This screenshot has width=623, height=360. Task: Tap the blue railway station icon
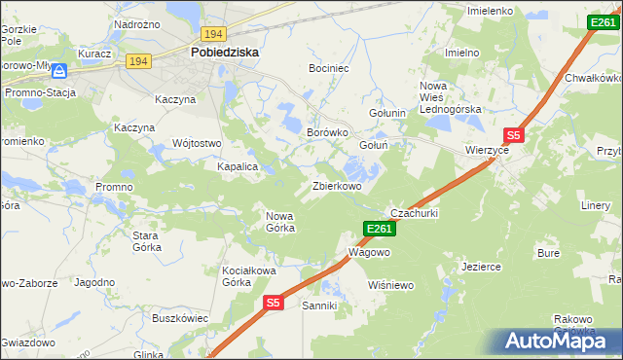[x=59, y=71]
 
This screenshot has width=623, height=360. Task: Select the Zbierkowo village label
[x=337, y=186]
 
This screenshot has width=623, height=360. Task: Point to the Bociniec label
[x=328, y=69]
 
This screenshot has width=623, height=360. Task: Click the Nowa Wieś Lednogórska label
[x=450, y=97]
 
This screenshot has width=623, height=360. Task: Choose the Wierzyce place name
[x=488, y=152]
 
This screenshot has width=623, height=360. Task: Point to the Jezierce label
[x=481, y=266]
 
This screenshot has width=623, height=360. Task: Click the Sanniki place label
[x=320, y=306]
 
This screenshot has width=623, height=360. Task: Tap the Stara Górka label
[x=146, y=241]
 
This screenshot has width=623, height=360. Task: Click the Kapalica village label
[x=237, y=166]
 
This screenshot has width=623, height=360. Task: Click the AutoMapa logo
[x=558, y=342]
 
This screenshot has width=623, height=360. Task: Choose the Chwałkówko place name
[x=593, y=77]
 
